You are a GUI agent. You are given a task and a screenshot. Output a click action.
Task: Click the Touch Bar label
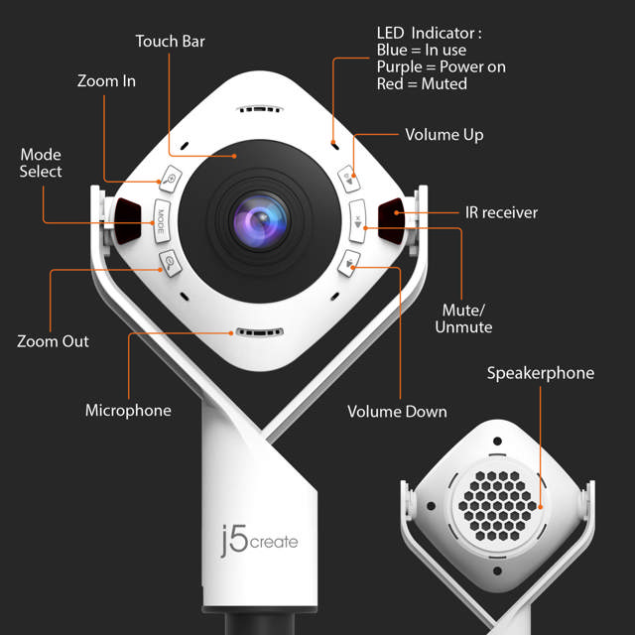tap(172, 42)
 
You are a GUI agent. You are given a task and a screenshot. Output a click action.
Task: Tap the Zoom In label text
tap(106, 80)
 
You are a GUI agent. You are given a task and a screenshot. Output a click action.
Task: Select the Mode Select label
tap(41, 163)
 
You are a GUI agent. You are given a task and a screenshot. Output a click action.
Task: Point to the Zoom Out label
tap(53, 341)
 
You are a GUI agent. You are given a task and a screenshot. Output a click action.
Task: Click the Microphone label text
tap(128, 410)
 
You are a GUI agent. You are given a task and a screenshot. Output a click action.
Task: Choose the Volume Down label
tap(397, 411)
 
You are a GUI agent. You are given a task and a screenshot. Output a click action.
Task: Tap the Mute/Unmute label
tap(463, 317)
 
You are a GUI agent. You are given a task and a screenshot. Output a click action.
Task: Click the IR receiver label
tap(501, 212)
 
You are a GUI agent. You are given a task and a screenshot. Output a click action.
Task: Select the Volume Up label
tap(444, 134)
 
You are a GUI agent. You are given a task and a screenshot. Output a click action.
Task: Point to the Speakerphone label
tap(540, 373)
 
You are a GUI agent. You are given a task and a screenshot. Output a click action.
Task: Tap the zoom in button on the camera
tap(172, 181)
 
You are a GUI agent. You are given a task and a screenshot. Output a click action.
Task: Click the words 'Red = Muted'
tap(422, 83)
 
